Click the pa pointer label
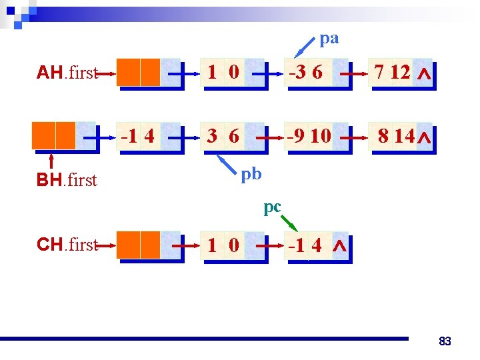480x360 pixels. point(329,39)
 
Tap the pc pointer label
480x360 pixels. point(272,207)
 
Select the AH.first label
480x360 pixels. point(67,73)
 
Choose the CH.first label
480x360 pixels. point(67,245)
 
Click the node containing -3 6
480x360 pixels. point(316,73)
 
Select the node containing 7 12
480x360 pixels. point(401,73)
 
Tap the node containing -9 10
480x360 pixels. point(316,137)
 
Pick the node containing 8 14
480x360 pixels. point(401,137)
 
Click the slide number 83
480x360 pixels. point(445,341)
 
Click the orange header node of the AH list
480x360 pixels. point(139,73)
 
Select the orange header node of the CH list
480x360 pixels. point(139,245)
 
